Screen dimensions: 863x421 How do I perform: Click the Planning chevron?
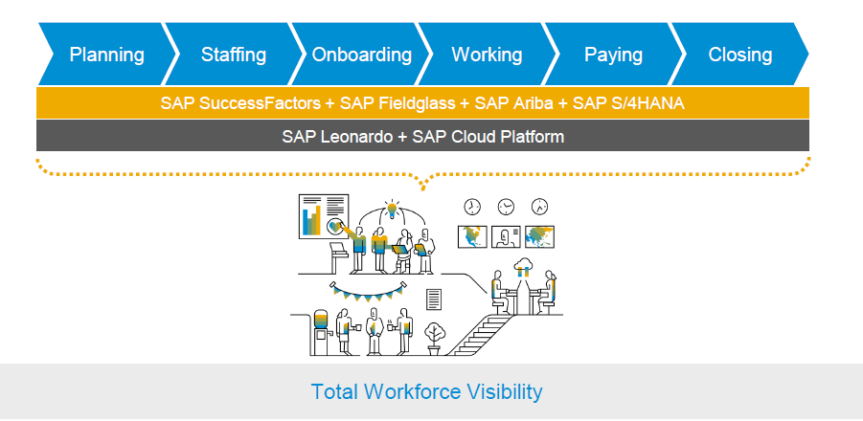tap(106, 54)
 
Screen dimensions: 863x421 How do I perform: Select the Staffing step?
tap(234, 54)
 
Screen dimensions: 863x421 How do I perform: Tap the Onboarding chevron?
tap(361, 54)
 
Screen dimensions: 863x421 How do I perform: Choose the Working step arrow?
tap(488, 54)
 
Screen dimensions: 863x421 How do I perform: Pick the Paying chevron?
tap(613, 54)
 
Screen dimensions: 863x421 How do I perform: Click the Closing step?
tap(740, 54)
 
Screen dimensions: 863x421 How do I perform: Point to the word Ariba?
tap(533, 102)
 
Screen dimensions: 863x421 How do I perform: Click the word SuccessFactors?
tap(260, 102)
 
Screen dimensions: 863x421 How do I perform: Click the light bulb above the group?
tap(392, 210)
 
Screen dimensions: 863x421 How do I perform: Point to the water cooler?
tap(320, 332)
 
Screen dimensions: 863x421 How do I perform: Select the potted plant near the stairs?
tap(435, 338)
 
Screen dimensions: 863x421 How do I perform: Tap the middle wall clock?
tap(506, 207)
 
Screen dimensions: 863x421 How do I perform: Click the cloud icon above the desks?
tap(523, 265)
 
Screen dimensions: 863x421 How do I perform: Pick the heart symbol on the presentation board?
tap(333, 226)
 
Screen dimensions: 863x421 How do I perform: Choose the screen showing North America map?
tap(472, 237)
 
